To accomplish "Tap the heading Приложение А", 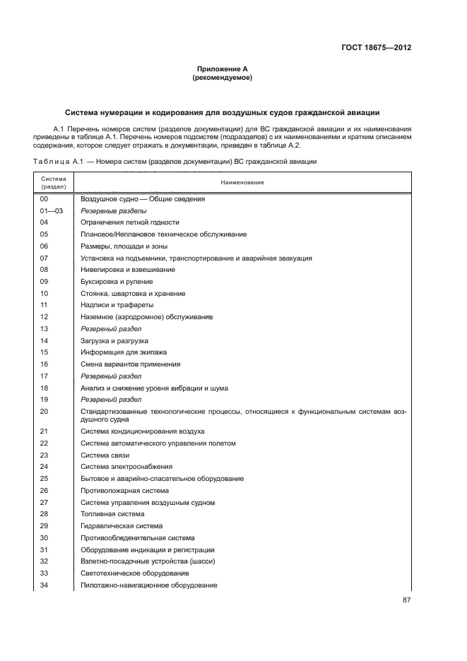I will (x=223, y=69).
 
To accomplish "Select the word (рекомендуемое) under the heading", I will (x=223, y=78).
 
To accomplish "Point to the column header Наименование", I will (x=242, y=183).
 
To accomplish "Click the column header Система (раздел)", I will (x=53, y=183).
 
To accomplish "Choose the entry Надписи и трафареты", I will (x=117, y=304).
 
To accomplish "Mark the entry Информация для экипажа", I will (x=124, y=352).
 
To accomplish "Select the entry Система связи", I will (x=105, y=455).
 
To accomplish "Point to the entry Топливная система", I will (x=112, y=513).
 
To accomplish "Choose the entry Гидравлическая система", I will (x=122, y=525).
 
